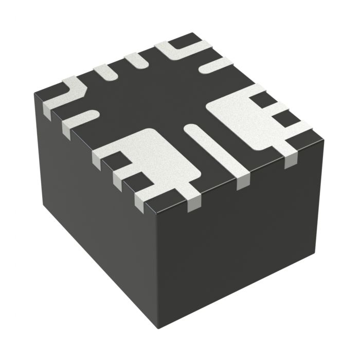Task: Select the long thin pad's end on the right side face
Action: pyautogui.click(x=242, y=183)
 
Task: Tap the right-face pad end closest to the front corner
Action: pyautogui.click(x=194, y=205)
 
